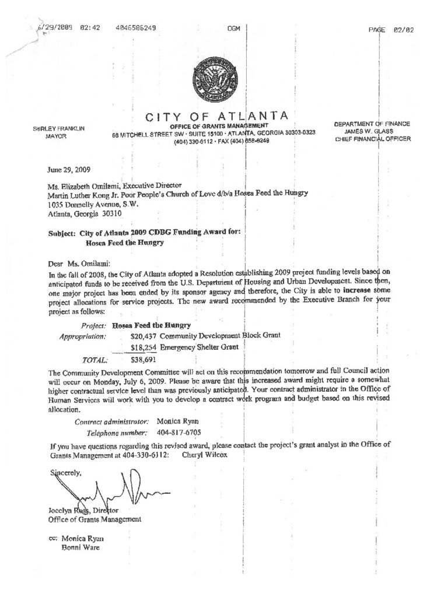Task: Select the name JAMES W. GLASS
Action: click(372, 131)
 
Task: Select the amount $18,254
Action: click(144, 348)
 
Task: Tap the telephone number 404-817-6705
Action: click(178, 432)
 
